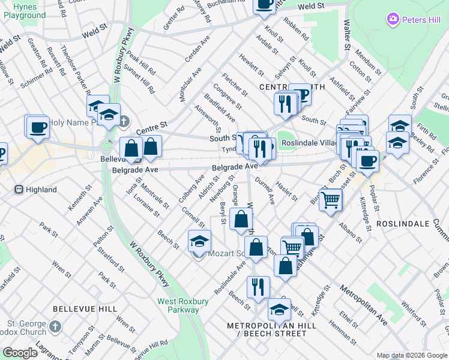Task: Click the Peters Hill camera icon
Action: [393, 20]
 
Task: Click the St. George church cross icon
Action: [55, 327]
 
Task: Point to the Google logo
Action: [20, 353]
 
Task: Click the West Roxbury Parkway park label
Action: [178, 305]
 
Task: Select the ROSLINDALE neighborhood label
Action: [403, 223]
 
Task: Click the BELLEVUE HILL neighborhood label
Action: [85, 308]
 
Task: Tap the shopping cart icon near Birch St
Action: [330, 200]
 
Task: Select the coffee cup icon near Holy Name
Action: [37, 127]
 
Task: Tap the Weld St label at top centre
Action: [311, 6]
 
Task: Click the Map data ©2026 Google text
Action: [412, 355]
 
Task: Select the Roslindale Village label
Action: [308, 143]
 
